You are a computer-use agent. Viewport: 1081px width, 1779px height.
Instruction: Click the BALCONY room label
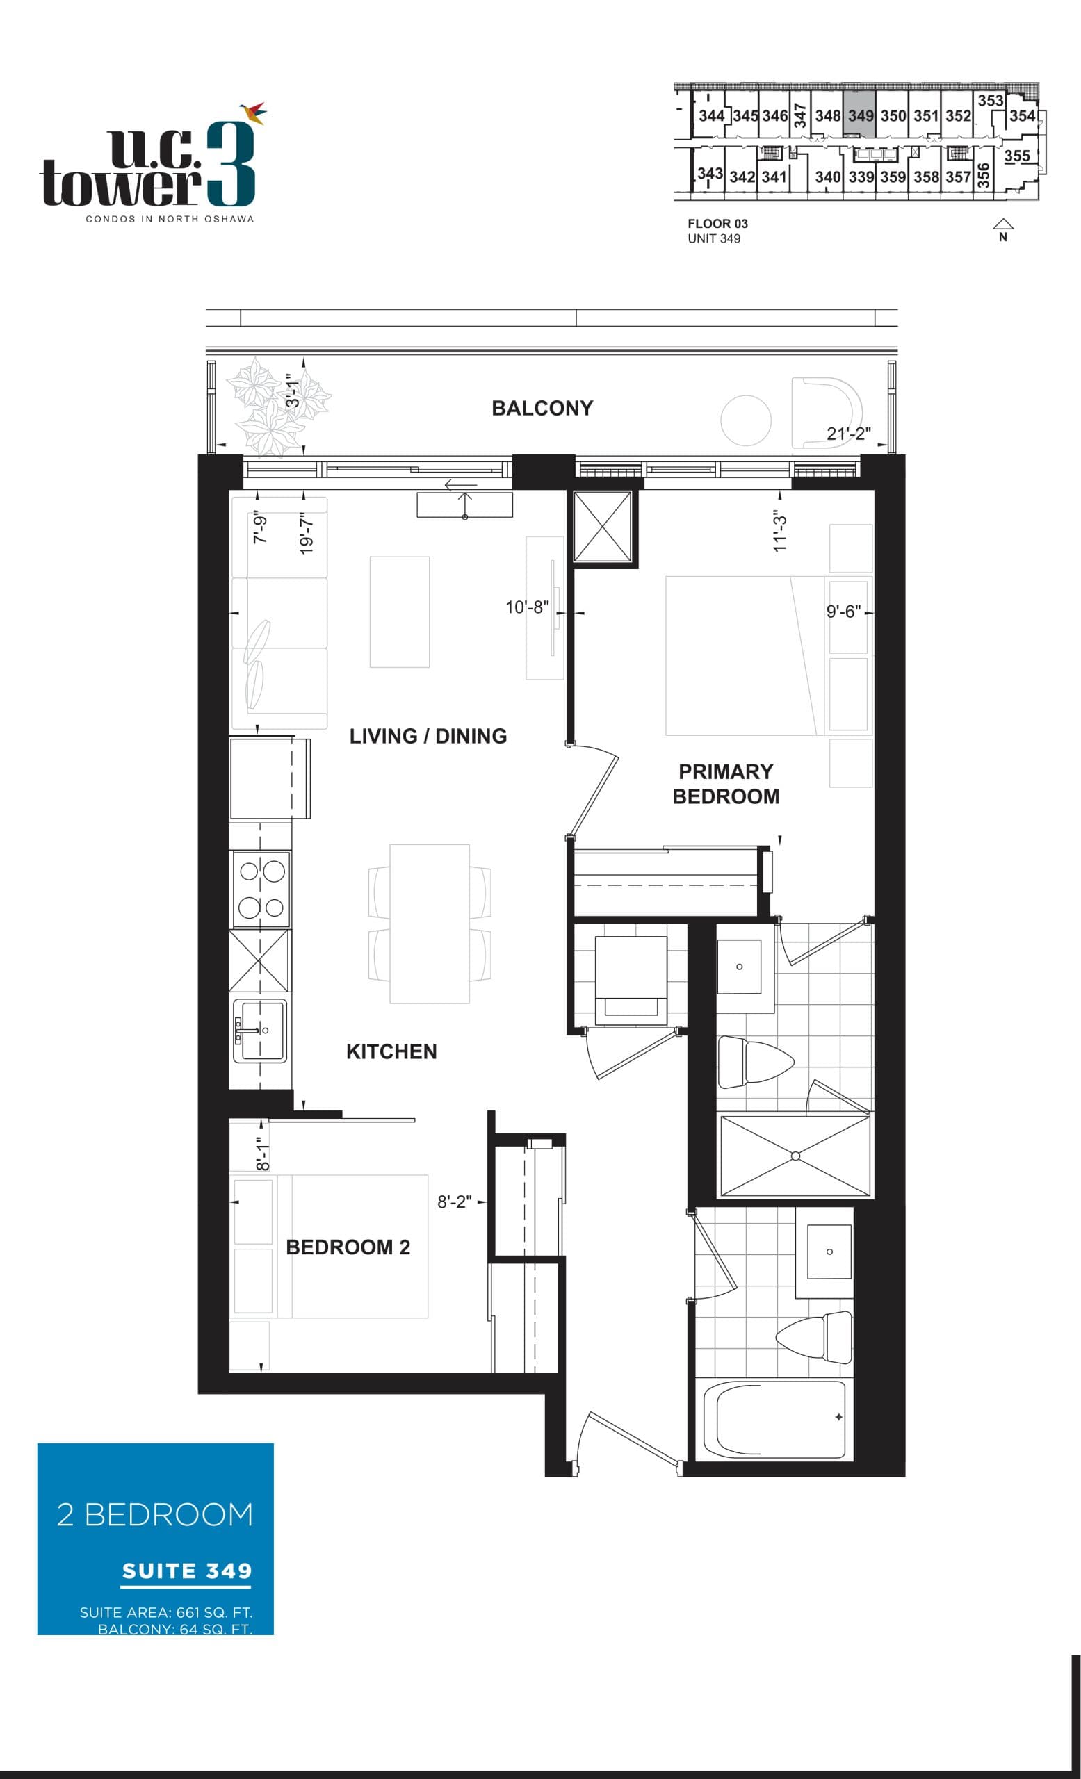click(x=542, y=408)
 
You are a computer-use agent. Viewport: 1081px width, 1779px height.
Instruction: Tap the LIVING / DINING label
click(x=428, y=736)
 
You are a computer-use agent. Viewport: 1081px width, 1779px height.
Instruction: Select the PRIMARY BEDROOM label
click(x=725, y=783)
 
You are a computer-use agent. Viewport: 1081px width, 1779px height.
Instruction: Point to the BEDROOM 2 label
click(x=348, y=1247)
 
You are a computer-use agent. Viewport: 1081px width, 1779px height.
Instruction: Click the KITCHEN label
click(x=391, y=1051)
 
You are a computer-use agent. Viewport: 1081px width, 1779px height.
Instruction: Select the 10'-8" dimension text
click(x=526, y=607)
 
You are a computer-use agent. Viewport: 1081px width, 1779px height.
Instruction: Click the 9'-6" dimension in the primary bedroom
click(x=843, y=612)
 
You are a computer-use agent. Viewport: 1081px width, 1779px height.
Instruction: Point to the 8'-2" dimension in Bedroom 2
click(x=454, y=1202)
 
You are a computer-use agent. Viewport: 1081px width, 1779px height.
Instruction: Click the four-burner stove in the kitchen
click(x=261, y=889)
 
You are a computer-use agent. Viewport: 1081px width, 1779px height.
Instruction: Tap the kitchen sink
click(x=260, y=1031)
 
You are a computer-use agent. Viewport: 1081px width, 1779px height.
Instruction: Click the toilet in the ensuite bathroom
click(x=754, y=1062)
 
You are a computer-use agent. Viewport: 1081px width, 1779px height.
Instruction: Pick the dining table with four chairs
click(x=429, y=924)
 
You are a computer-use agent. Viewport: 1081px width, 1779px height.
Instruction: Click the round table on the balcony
click(x=745, y=420)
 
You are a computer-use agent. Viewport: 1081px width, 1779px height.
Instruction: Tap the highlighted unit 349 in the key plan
click(x=859, y=115)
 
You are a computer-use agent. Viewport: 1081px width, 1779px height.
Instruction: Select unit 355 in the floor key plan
click(x=1016, y=155)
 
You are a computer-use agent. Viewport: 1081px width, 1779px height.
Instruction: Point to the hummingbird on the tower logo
click(x=253, y=112)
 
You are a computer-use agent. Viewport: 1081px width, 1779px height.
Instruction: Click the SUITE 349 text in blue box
click(x=186, y=1571)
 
